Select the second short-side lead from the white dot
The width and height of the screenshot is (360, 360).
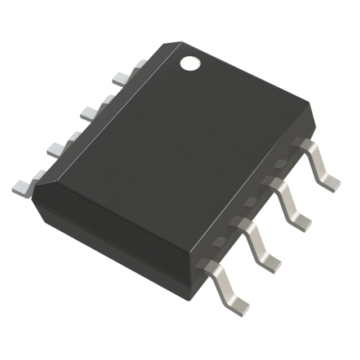[x=91, y=111]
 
